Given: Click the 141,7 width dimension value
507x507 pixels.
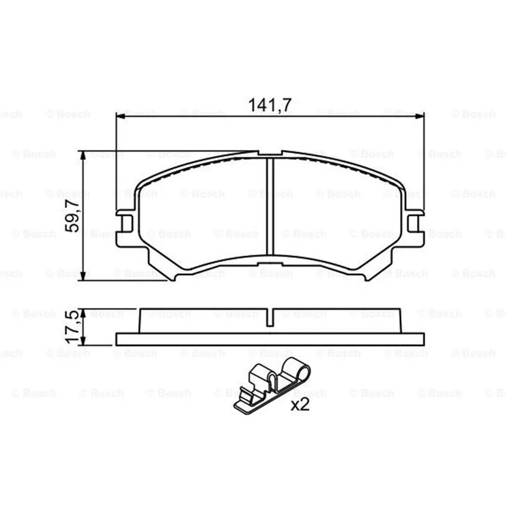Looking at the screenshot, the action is point(270,105).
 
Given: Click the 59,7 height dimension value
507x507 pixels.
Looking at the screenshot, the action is point(72,215).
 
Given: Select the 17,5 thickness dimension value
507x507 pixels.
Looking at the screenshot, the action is point(72,327).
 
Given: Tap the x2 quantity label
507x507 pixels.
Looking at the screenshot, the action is point(300,404).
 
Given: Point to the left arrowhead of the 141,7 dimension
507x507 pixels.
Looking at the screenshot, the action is point(120,116).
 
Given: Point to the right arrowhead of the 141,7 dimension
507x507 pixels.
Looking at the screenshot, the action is point(419,116).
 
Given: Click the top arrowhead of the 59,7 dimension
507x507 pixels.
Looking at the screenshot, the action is point(83,155).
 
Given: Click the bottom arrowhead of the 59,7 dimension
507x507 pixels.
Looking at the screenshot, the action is point(83,276).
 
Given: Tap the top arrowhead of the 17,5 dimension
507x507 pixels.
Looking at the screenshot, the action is point(83,313).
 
